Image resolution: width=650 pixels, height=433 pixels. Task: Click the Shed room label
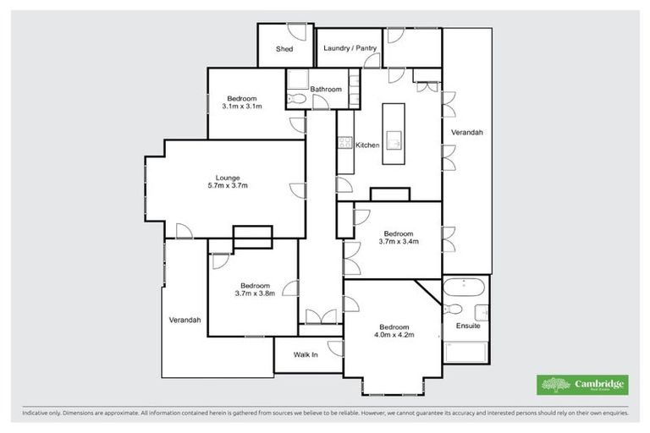[284, 49]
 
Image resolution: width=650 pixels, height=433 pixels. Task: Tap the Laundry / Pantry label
[350, 49]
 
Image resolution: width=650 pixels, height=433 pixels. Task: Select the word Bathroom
[326, 89]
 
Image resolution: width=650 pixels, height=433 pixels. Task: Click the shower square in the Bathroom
[297, 80]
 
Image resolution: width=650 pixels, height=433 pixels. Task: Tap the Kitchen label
[367, 145]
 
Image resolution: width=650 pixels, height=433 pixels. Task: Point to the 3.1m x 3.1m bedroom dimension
[242, 107]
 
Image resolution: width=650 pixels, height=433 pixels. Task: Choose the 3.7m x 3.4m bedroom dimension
[399, 242]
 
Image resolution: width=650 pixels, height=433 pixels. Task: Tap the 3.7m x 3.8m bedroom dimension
[255, 294]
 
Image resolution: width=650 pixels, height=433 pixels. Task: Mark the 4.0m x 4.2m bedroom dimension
[394, 336]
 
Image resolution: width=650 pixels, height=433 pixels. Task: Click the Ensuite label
[468, 326]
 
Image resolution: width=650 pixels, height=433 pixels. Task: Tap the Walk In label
[306, 355]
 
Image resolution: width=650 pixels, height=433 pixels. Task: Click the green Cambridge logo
[583, 385]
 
